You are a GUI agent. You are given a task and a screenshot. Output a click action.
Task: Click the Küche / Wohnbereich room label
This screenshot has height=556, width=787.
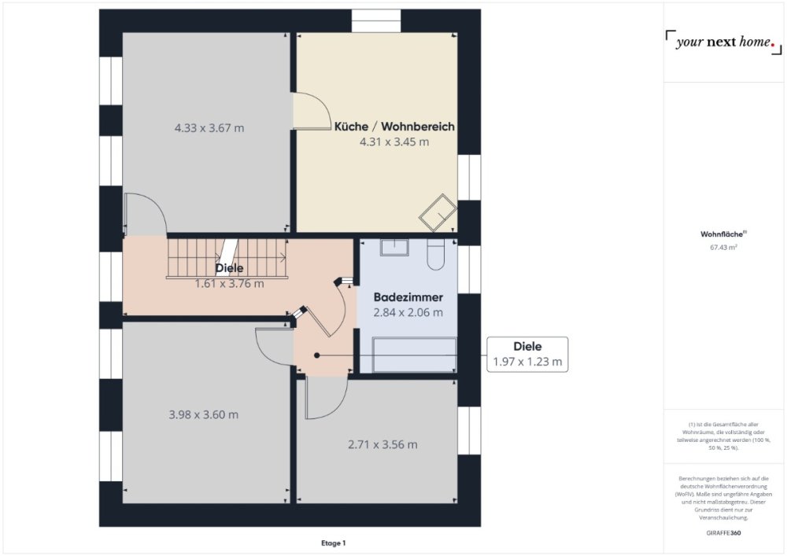pos(394,127)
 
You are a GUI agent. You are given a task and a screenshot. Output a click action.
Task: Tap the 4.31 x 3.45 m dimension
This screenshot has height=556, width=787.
pos(394,142)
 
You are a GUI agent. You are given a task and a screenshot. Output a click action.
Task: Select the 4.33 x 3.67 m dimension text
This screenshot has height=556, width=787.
pos(209,128)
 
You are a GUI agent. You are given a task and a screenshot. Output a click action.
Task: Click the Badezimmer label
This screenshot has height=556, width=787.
pos(408,297)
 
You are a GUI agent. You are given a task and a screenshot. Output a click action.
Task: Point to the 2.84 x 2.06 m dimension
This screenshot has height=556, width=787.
pos(408,312)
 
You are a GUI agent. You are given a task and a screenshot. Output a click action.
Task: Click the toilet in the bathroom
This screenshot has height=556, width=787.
pos(436,254)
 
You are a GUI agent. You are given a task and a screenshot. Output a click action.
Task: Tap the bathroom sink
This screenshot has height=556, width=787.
pos(394,247)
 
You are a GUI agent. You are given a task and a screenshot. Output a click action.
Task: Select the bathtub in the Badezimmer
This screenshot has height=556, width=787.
pos(414,355)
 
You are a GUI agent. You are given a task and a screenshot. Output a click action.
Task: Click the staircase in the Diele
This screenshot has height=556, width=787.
pos(227,258)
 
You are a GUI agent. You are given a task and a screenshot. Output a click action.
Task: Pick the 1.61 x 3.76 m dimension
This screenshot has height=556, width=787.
pos(229,284)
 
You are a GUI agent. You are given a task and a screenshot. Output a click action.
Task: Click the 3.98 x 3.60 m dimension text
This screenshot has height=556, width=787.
pos(203,414)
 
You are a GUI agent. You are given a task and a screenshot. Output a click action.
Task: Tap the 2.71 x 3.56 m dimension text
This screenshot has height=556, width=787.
pos(382,444)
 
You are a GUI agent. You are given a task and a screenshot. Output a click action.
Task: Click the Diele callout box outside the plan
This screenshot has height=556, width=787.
pos(527,355)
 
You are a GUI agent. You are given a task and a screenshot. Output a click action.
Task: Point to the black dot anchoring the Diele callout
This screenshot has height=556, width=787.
pos(316,355)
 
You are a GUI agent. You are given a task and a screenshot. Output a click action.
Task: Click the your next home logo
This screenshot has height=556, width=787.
pos(723,42)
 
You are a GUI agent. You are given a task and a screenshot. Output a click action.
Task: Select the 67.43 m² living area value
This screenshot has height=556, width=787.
pos(723,247)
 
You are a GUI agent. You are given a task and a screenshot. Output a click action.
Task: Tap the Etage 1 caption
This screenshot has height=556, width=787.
pos(333,543)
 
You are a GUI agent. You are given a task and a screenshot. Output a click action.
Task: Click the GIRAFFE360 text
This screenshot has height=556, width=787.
pos(723,533)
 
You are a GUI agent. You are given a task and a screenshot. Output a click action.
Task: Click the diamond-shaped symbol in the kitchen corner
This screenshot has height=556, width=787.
pos(438,212)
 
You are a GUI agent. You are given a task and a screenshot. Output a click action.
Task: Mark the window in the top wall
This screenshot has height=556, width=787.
pos(376,21)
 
